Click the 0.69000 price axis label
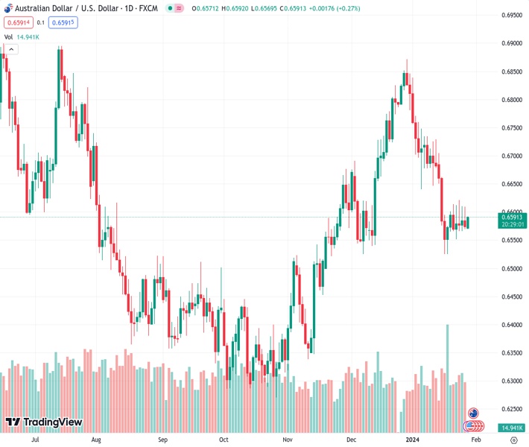click(x=510, y=43)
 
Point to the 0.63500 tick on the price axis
click(x=510, y=352)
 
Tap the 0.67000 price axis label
click(x=510, y=156)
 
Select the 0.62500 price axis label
click(x=510, y=409)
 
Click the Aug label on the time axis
click(x=96, y=440)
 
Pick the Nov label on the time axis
click(x=287, y=440)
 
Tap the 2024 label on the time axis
click(x=414, y=440)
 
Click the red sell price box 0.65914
click(x=16, y=22)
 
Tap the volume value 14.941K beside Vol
click(x=30, y=37)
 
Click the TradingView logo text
click(x=52, y=422)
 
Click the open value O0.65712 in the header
click(x=203, y=7)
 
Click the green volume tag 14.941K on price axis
click(x=510, y=427)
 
